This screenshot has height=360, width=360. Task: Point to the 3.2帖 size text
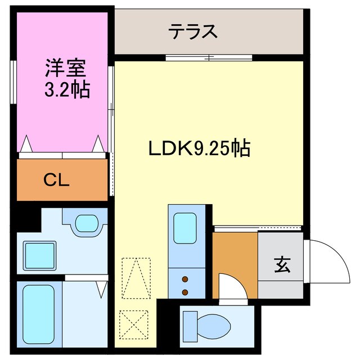coord(66,90)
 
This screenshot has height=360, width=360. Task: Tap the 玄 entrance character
coord(282,264)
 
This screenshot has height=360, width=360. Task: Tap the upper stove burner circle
coord(184,278)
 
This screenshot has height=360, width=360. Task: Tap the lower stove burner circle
coord(184,291)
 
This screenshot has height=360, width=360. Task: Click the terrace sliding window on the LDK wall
coord(208,57)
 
